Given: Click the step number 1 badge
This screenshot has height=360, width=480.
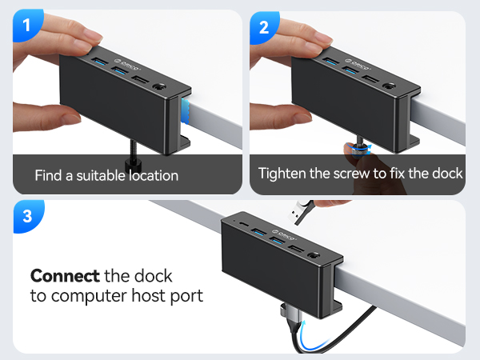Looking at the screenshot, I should click(x=26, y=26).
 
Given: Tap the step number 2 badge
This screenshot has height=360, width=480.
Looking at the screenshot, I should click(x=264, y=26).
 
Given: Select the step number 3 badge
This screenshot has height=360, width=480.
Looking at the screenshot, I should click(x=26, y=217).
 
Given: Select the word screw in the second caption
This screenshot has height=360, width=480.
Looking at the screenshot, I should click(x=355, y=173).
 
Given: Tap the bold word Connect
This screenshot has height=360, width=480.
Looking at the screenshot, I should click(x=64, y=276).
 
